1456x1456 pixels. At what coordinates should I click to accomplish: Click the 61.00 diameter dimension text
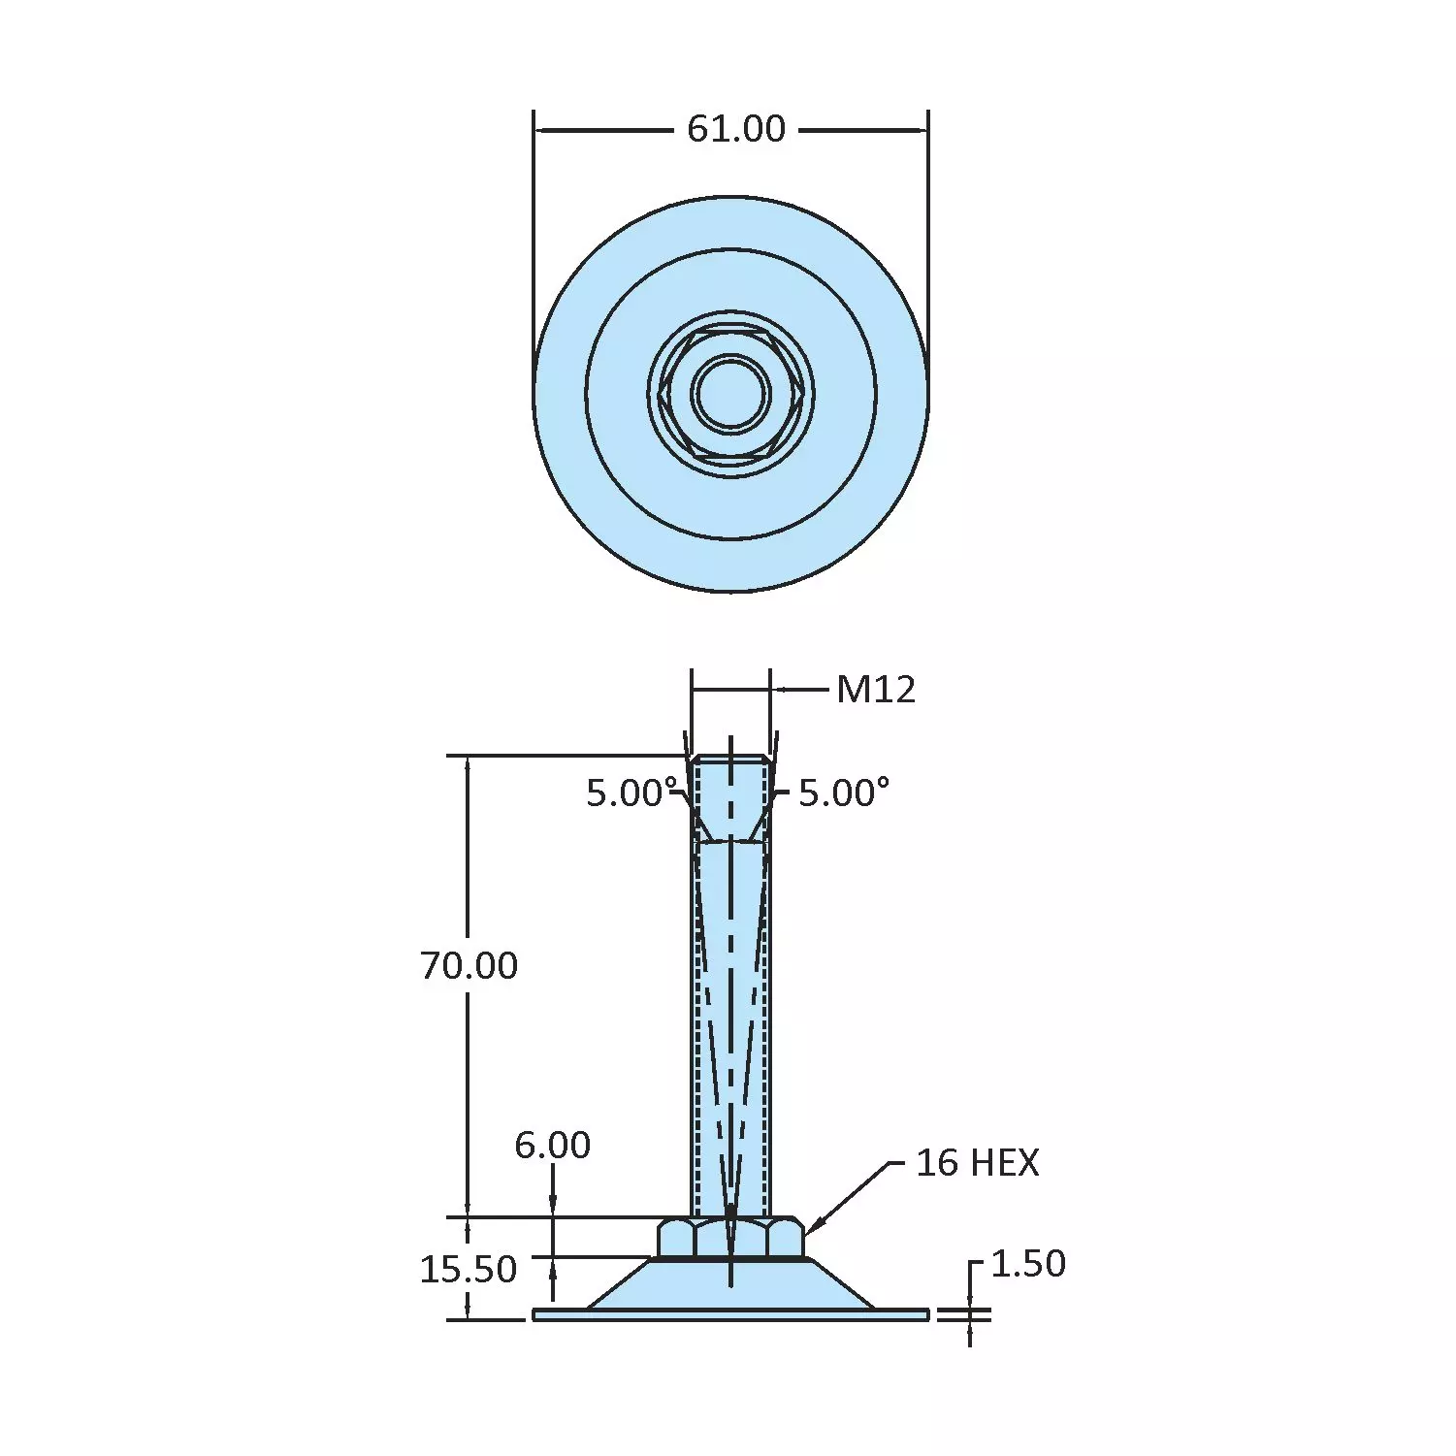(x=735, y=129)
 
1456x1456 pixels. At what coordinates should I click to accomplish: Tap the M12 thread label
(x=875, y=690)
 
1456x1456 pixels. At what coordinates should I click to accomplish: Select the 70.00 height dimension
(x=469, y=966)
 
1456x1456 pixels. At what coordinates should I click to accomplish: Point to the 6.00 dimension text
(x=552, y=1146)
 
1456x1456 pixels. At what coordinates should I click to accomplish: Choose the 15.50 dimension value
(x=468, y=1269)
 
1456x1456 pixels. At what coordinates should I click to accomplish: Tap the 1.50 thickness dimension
(x=1027, y=1264)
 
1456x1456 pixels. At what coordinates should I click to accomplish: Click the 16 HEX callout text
(x=977, y=1163)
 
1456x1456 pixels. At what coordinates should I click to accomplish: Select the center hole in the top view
(x=730, y=394)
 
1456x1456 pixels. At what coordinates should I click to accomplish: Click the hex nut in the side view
(x=730, y=1238)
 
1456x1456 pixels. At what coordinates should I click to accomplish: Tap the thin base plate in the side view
(x=730, y=1314)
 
